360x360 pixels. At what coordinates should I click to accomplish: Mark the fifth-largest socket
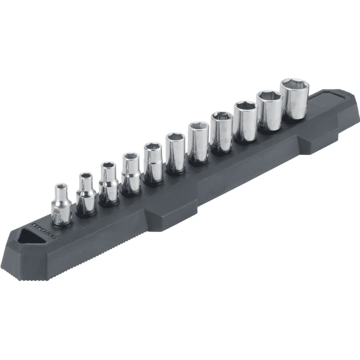tap(198, 143)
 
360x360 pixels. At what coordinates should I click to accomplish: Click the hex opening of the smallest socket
tap(61, 186)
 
